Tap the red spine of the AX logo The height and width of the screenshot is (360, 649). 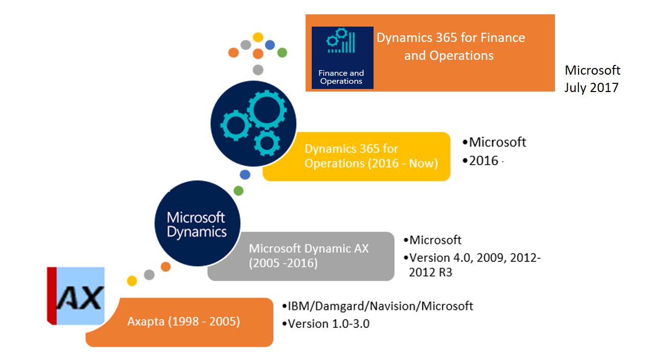coord(51,296)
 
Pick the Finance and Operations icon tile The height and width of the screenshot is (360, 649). coord(342,58)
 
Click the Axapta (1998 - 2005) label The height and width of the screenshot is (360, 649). coord(183,322)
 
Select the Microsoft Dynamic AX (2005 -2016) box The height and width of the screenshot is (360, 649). coord(300,256)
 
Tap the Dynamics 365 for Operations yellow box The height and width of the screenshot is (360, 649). coord(356,156)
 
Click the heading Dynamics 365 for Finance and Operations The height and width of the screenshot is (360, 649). coord(450,46)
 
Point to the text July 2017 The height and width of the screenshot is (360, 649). coord(591,87)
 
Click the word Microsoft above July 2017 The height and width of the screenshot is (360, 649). coord(592,70)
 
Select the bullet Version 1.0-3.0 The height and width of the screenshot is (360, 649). coord(328,324)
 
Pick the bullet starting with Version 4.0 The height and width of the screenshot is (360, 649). coord(474,264)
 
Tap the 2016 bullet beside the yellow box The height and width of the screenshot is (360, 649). coord(483,161)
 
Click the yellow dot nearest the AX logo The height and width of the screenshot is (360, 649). coord(132,281)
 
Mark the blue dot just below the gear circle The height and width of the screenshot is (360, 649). coord(245,174)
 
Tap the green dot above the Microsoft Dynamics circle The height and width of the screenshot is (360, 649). coord(238,191)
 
